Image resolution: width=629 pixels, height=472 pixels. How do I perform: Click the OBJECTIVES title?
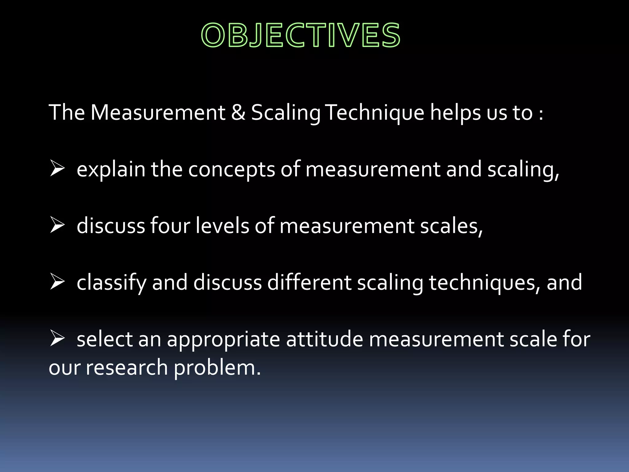[301, 35]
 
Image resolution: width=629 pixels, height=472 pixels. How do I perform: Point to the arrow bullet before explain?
[57, 169]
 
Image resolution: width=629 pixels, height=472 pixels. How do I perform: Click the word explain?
[111, 170]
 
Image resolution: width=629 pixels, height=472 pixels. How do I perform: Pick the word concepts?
[232, 170]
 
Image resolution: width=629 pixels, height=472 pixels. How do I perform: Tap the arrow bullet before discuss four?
[57, 226]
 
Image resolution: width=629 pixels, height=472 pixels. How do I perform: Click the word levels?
[222, 226]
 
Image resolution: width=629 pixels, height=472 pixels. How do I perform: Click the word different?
[309, 283]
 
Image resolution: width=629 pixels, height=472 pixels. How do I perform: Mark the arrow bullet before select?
[57, 339]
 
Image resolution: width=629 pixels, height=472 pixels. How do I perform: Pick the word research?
[127, 368]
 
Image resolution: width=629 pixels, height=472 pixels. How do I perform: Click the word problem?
[217, 368]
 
